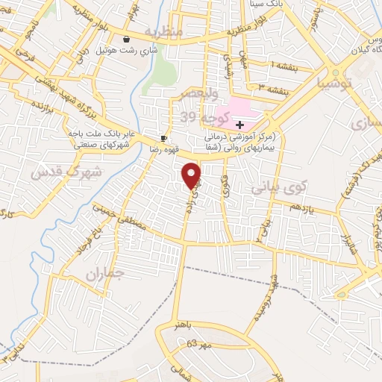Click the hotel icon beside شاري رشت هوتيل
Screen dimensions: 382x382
[x=126, y=40]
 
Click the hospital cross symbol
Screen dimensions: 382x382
[x=239, y=125]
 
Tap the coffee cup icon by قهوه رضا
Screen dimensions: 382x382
[x=163, y=139]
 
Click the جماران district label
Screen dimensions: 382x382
[x=102, y=274]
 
